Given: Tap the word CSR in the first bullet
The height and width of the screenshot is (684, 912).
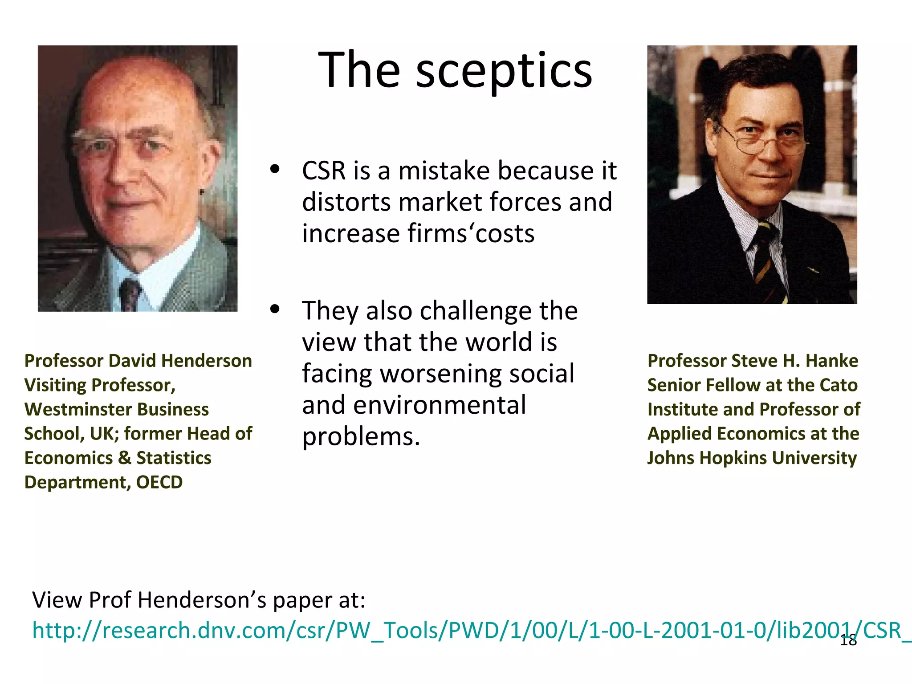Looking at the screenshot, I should pyautogui.click(x=324, y=171).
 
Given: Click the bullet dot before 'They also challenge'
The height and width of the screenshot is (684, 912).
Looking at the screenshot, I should pyautogui.click(x=275, y=309).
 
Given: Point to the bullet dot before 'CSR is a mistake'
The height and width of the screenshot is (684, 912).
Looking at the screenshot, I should pyautogui.click(x=275, y=169).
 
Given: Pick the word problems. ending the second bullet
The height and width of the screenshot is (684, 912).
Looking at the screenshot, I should pyautogui.click(x=361, y=436).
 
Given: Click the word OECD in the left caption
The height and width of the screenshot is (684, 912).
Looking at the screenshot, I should pyautogui.click(x=159, y=482).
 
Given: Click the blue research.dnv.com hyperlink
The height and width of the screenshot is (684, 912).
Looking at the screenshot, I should pyautogui.click(x=445, y=631).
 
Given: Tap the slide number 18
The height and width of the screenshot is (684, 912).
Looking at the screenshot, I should pyautogui.click(x=848, y=641).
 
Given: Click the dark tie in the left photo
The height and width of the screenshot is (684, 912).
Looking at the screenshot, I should pyautogui.click(x=130, y=295).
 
